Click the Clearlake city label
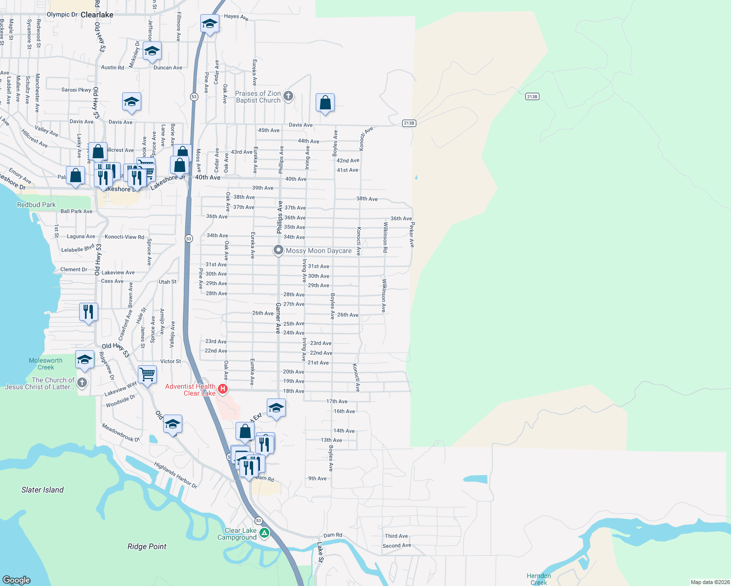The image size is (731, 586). click(97, 15)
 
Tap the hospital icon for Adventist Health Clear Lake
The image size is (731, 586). click(223, 389)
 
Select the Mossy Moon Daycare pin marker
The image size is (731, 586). click(278, 250)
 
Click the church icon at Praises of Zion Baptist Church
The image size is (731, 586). click(288, 96)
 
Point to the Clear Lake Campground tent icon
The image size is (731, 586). click(264, 533)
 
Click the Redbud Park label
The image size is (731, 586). click(36, 205)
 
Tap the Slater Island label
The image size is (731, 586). click(43, 490)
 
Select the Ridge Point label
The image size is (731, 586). click(147, 546)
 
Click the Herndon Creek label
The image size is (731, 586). click(538, 579)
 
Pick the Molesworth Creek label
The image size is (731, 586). click(45, 364)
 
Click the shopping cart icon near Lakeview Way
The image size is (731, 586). click(147, 375)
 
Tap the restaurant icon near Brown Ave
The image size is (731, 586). click(88, 311)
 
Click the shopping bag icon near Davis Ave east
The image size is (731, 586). click(325, 103)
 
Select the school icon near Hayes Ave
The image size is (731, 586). click(210, 23)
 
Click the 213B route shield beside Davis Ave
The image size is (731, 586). click(409, 123)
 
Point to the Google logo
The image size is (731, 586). click(17, 580)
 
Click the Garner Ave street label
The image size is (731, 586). click(278, 318)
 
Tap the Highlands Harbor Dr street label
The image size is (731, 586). click(175, 475)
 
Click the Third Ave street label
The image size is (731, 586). click(396, 536)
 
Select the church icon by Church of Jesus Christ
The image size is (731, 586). click(82, 383)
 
